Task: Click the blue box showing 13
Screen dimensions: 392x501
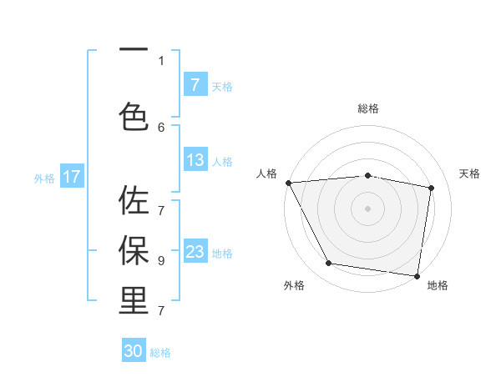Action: click(x=195, y=161)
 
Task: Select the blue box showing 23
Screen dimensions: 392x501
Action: click(x=195, y=253)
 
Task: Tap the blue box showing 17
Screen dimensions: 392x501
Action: click(x=72, y=177)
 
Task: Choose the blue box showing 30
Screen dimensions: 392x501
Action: click(x=134, y=352)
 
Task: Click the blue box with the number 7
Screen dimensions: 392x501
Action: click(x=195, y=85)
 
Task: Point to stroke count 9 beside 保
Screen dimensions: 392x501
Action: click(x=161, y=260)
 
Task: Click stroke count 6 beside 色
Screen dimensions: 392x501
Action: click(x=161, y=127)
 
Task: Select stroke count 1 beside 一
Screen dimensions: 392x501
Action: click(x=161, y=60)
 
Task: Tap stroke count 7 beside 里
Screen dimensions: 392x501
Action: click(x=161, y=311)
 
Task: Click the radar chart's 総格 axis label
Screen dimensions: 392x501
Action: click(x=368, y=108)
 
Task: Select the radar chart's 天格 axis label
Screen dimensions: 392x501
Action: click(x=470, y=173)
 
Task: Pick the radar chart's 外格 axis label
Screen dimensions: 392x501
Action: click(x=294, y=285)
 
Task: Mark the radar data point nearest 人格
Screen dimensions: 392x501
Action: click(x=288, y=183)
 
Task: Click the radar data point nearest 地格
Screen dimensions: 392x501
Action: click(x=417, y=274)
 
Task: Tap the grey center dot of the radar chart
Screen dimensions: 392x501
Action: click(x=368, y=208)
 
